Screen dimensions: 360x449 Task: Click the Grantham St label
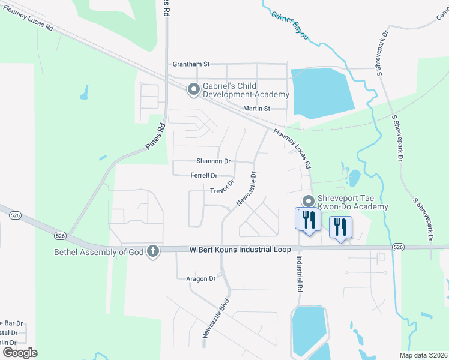click(x=190, y=63)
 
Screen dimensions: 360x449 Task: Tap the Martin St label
click(x=257, y=109)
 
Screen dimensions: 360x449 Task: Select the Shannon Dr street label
click(x=214, y=161)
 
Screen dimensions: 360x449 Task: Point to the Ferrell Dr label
click(x=203, y=176)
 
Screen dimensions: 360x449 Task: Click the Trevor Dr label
click(x=222, y=187)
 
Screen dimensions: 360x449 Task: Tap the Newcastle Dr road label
click(x=246, y=189)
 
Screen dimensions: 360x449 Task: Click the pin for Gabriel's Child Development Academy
click(x=194, y=89)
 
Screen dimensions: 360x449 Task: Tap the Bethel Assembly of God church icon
click(x=153, y=251)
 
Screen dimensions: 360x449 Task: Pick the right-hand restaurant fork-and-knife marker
click(x=341, y=227)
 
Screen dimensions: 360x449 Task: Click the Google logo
click(x=20, y=352)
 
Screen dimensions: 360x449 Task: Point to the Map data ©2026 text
click(x=423, y=355)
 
